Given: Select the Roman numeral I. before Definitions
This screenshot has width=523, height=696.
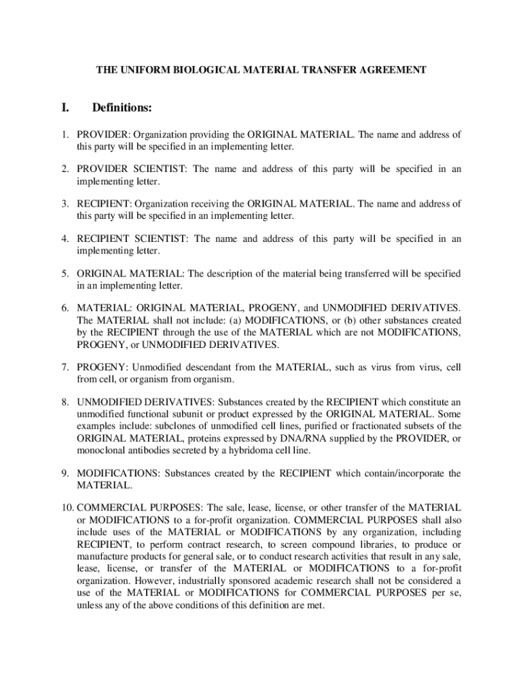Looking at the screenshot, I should click(66, 108).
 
